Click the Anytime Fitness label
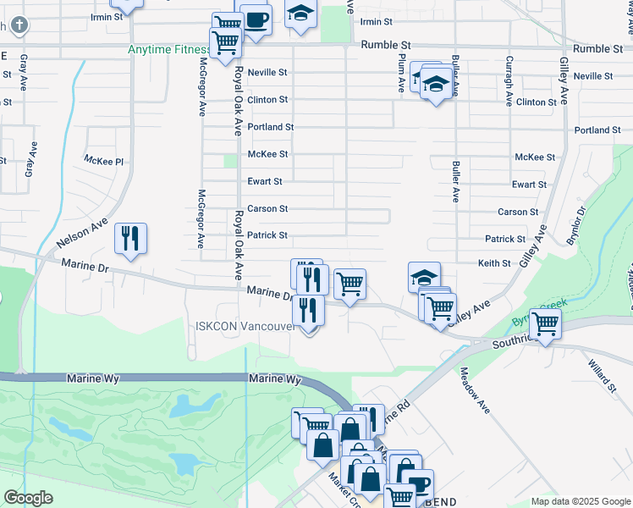click(168, 49)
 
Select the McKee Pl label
click(103, 160)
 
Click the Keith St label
click(494, 263)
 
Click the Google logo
click(29, 498)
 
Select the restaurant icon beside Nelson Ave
click(130, 239)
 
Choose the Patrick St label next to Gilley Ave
click(505, 240)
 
